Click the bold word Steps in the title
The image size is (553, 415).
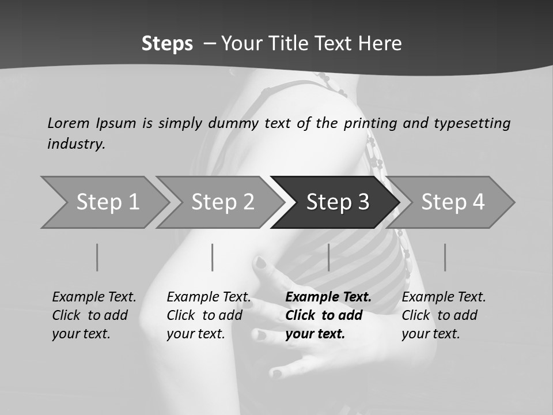pyautogui.click(x=167, y=44)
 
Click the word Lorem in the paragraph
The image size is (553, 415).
pyautogui.click(x=68, y=123)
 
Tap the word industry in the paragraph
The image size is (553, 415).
pyautogui.click(x=75, y=144)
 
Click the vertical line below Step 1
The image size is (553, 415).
pyautogui.click(x=97, y=257)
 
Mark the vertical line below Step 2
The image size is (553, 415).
pyautogui.click(x=213, y=257)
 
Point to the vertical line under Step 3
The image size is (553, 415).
pyautogui.click(x=328, y=257)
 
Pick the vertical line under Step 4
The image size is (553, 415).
pyautogui.click(x=445, y=257)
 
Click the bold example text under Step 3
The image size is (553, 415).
pyautogui.click(x=328, y=315)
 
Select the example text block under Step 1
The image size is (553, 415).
pyautogui.click(x=94, y=315)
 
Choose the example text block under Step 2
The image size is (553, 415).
pyautogui.click(x=209, y=315)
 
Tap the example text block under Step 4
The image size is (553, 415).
pyautogui.click(x=444, y=315)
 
